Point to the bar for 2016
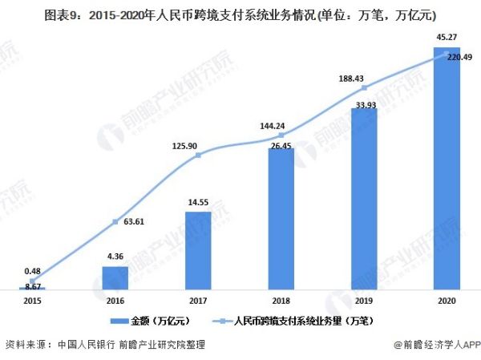click(x=115, y=277)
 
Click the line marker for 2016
click(x=115, y=222)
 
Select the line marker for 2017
click(x=198, y=155)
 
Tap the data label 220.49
click(x=459, y=57)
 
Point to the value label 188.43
click(x=364, y=79)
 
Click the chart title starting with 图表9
click(x=240, y=14)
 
